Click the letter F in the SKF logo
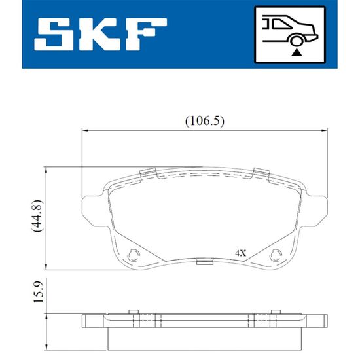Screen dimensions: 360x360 145,35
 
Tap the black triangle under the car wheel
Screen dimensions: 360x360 297,53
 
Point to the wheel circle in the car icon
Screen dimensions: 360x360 296,41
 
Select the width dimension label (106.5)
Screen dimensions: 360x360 205,121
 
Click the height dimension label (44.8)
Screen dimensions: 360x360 37,216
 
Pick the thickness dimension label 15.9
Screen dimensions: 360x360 38,291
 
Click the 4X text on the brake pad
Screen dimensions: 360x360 240,253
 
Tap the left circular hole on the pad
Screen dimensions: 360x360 134,255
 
